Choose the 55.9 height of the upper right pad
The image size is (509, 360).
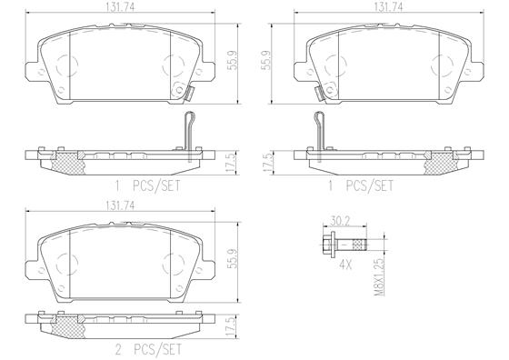[x=266, y=62]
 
